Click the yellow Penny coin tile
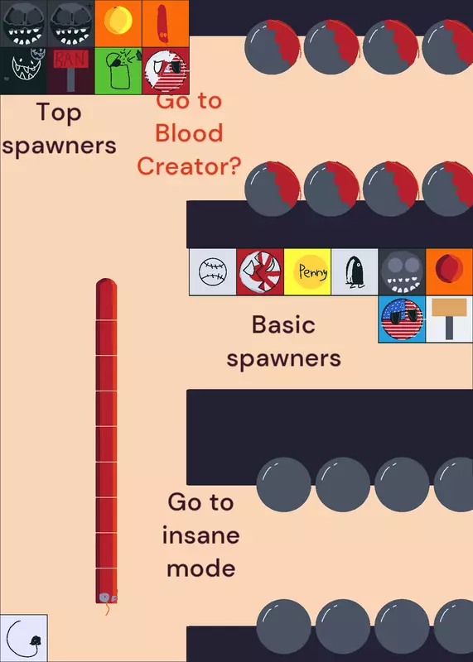[x=307, y=272]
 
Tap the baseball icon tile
[x=213, y=272]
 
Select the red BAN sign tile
[x=70, y=71]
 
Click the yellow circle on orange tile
[x=118, y=24]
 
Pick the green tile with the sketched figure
[x=118, y=71]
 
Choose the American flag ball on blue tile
[x=402, y=319]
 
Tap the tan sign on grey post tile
[x=449, y=319]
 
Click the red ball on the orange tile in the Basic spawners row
[x=449, y=272]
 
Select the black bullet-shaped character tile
[x=355, y=272]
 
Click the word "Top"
[x=58, y=113]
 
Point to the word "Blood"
[x=189, y=132]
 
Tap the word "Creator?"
[x=189, y=166]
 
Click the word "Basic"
[x=283, y=324]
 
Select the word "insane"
[x=200, y=535]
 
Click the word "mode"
[x=200, y=568]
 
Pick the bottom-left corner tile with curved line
[x=24, y=638]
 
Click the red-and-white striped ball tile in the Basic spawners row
[x=260, y=272]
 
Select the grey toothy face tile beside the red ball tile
[x=402, y=272]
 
